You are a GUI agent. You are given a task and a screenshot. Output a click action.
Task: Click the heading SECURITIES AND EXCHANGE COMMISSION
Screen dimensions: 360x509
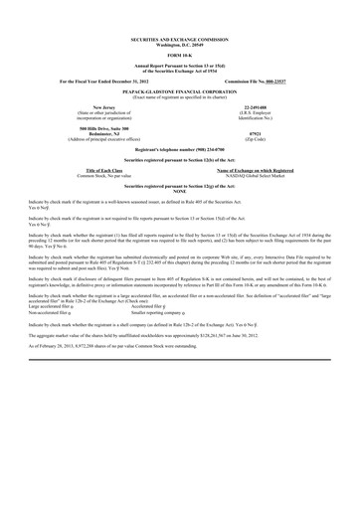[x=179, y=38]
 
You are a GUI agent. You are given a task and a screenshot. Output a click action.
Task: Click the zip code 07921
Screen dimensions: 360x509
[x=255, y=132]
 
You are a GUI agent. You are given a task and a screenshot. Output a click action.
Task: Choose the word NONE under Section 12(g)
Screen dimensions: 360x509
[x=179, y=191]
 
